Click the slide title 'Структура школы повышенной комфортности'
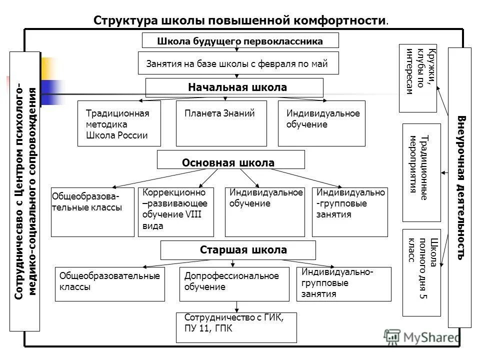pyautogui.click(x=240, y=20)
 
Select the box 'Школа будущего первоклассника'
pyautogui.click(x=240, y=40)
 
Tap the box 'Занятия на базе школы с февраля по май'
pyautogui.click(x=238, y=63)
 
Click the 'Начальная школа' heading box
pyautogui.click(x=234, y=87)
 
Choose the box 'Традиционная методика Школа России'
pyautogui.click(x=119, y=123)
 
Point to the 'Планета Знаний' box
pyautogui.click(x=221, y=123)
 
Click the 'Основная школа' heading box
pyautogui.click(x=230, y=160)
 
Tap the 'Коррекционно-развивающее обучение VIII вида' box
pyautogui.click(x=175, y=212)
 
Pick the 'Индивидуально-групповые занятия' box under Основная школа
pyautogui.click(x=350, y=212)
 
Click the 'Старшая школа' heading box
pyautogui.click(x=238, y=250)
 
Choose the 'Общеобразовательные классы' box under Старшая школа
pyautogui.click(x=109, y=284)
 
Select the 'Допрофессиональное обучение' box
pyautogui.click(x=234, y=284)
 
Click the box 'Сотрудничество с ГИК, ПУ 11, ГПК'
pyautogui.click(x=236, y=327)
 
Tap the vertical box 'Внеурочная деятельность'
pyautogui.click(x=459, y=187)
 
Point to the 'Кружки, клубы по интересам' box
pyautogui.click(x=417, y=78)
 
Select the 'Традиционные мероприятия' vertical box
pyautogui.click(x=421, y=172)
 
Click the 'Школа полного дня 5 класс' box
pyautogui.click(x=421, y=272)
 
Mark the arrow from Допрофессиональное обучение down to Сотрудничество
pyautogui.click(x=237, y=307)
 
